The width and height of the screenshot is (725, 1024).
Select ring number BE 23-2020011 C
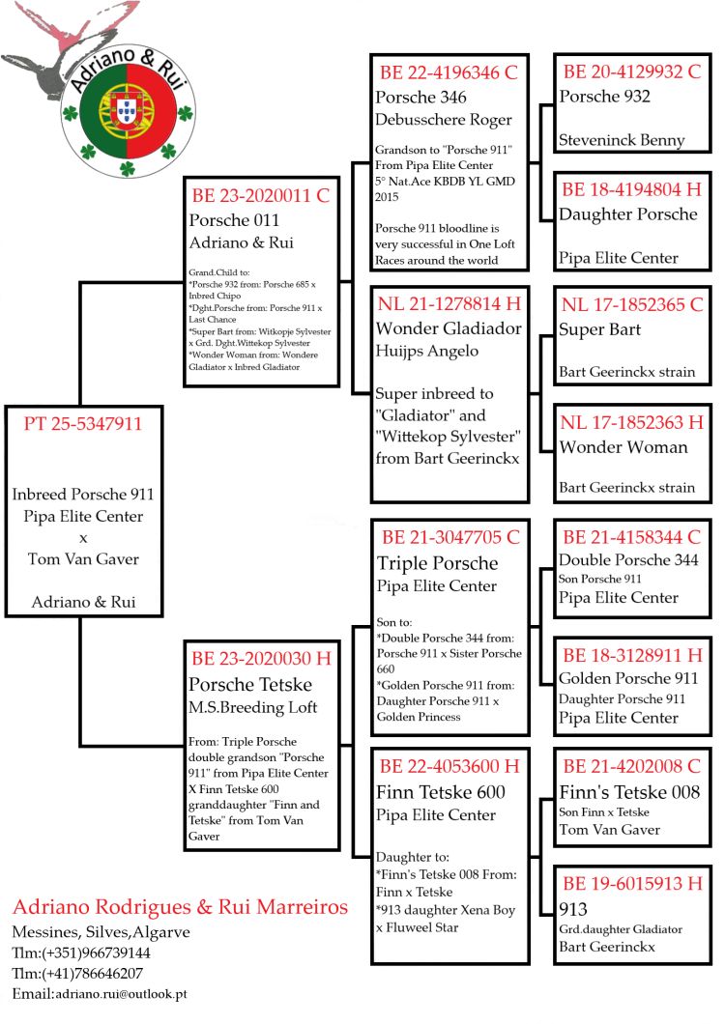261,195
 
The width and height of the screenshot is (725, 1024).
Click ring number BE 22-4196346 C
449,72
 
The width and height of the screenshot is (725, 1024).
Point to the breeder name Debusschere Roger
444,120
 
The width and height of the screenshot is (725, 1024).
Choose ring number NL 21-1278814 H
449,304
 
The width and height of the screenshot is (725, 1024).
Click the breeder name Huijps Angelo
427,351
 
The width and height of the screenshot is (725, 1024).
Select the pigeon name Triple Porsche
438,563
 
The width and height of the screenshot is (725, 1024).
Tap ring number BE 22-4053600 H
449,767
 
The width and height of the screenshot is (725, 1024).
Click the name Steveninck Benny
622,140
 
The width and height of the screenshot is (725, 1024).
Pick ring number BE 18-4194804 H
632,189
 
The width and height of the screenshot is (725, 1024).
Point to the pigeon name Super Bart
600,329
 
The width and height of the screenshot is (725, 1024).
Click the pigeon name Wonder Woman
623,446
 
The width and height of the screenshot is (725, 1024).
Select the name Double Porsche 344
626,560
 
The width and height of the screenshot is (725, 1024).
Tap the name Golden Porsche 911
628,678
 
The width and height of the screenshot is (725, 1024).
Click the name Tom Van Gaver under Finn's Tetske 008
610,829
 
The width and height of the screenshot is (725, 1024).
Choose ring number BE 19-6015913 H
632,884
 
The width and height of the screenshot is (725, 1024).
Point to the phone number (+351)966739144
96,953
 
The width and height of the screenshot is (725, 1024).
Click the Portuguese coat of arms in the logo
125,114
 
